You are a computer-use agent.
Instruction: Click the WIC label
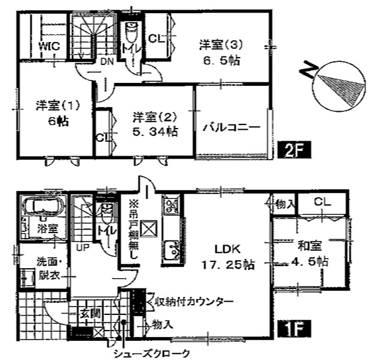click(49, 46)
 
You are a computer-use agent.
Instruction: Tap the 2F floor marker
click(294, 150)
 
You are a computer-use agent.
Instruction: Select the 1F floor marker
click(294, 329)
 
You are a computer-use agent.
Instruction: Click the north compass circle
click(339, 86)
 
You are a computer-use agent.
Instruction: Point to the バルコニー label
click(232, 127)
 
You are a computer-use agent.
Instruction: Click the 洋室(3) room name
click(220, 45)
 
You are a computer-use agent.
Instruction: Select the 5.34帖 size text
click(155, 132)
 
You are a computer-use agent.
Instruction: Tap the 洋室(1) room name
click(58, 106)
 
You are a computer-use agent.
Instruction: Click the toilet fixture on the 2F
click(131, 32)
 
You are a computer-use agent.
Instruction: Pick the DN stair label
click(107, 62)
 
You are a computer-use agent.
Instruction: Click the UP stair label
click(83, 248)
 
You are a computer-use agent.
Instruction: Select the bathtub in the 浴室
click(43, 204)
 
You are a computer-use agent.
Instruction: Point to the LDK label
click(228, 249)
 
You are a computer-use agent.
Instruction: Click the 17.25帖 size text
click(228, 264)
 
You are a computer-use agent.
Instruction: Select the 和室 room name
click(310, 246)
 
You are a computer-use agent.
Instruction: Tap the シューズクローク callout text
click(152, 353)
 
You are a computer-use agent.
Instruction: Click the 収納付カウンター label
click(195, 302)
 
